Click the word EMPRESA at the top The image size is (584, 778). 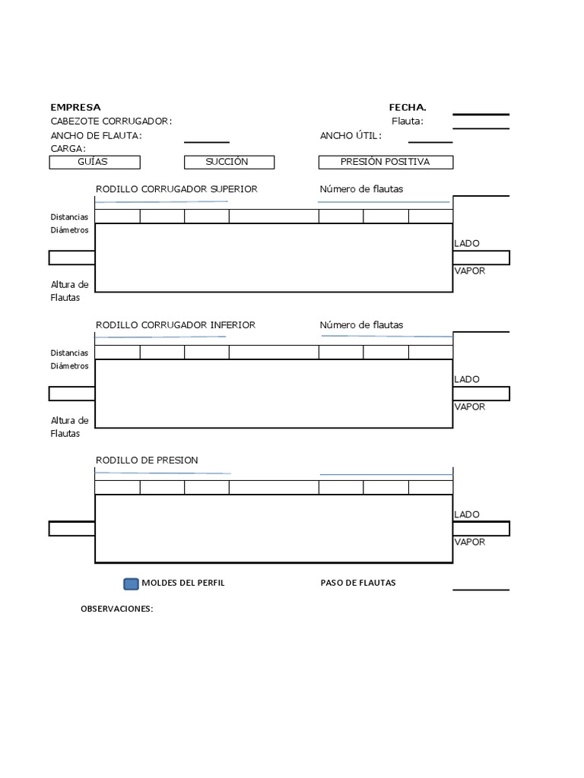coord(75,107)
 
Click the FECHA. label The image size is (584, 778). coord(408,107)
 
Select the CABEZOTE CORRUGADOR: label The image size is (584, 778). coord(111,121)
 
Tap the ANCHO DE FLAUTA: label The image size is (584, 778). coord(96,135)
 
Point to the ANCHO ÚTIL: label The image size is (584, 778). coord(351,135)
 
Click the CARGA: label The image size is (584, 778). coord(68,148)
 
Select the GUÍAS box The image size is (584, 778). coord(94,162)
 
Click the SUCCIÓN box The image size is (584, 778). coord(229,162)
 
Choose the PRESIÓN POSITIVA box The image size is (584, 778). coord(386,162)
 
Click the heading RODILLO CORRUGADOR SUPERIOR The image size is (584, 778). coord(176,188)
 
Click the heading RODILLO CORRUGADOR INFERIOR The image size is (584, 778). coord(175,324)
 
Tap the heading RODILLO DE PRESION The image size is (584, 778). coord(147,460)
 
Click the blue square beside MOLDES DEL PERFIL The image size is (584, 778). coord(131,583)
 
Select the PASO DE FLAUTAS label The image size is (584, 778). coord(358,583)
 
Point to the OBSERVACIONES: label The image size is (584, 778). coord(117,609)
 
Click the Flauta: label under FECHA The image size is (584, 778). coord(408,121)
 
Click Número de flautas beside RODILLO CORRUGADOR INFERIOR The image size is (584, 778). coord(361,324)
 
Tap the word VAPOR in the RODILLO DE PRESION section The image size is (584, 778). coord(469,542)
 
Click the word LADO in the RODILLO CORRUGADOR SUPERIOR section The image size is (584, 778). coord(467,243)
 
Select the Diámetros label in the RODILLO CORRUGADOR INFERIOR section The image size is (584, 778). coord(69,365)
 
